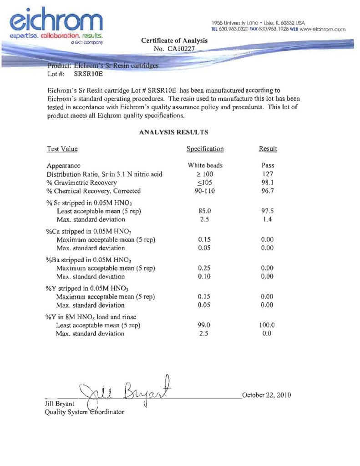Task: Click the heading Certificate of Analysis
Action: tap(174, 41)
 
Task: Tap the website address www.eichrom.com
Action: tap(323, 30)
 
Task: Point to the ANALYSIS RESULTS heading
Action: tap(173, 132)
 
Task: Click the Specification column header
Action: tap(205, 149)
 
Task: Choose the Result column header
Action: tap(268, 149)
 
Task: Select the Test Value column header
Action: tap(62, 149)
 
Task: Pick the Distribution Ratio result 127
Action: tap(268, 174)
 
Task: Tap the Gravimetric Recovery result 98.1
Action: tap(268, 182)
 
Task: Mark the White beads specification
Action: tap(205, 166)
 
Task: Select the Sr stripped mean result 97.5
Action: tap(268, 212)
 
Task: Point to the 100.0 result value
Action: tap(268, 325)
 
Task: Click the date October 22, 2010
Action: tap(267, 395)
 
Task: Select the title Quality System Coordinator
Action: tap(84, 412)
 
